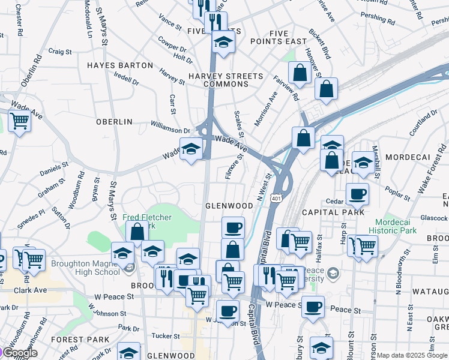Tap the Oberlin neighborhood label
coord(114,122)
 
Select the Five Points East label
coord(288,37)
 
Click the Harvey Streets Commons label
coord(226,80)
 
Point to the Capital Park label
coord(333,212)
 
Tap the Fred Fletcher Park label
coord(147,221)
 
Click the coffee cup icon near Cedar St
coord(358,194)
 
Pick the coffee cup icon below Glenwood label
coord(233,227)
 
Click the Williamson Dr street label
coord(170,127)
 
